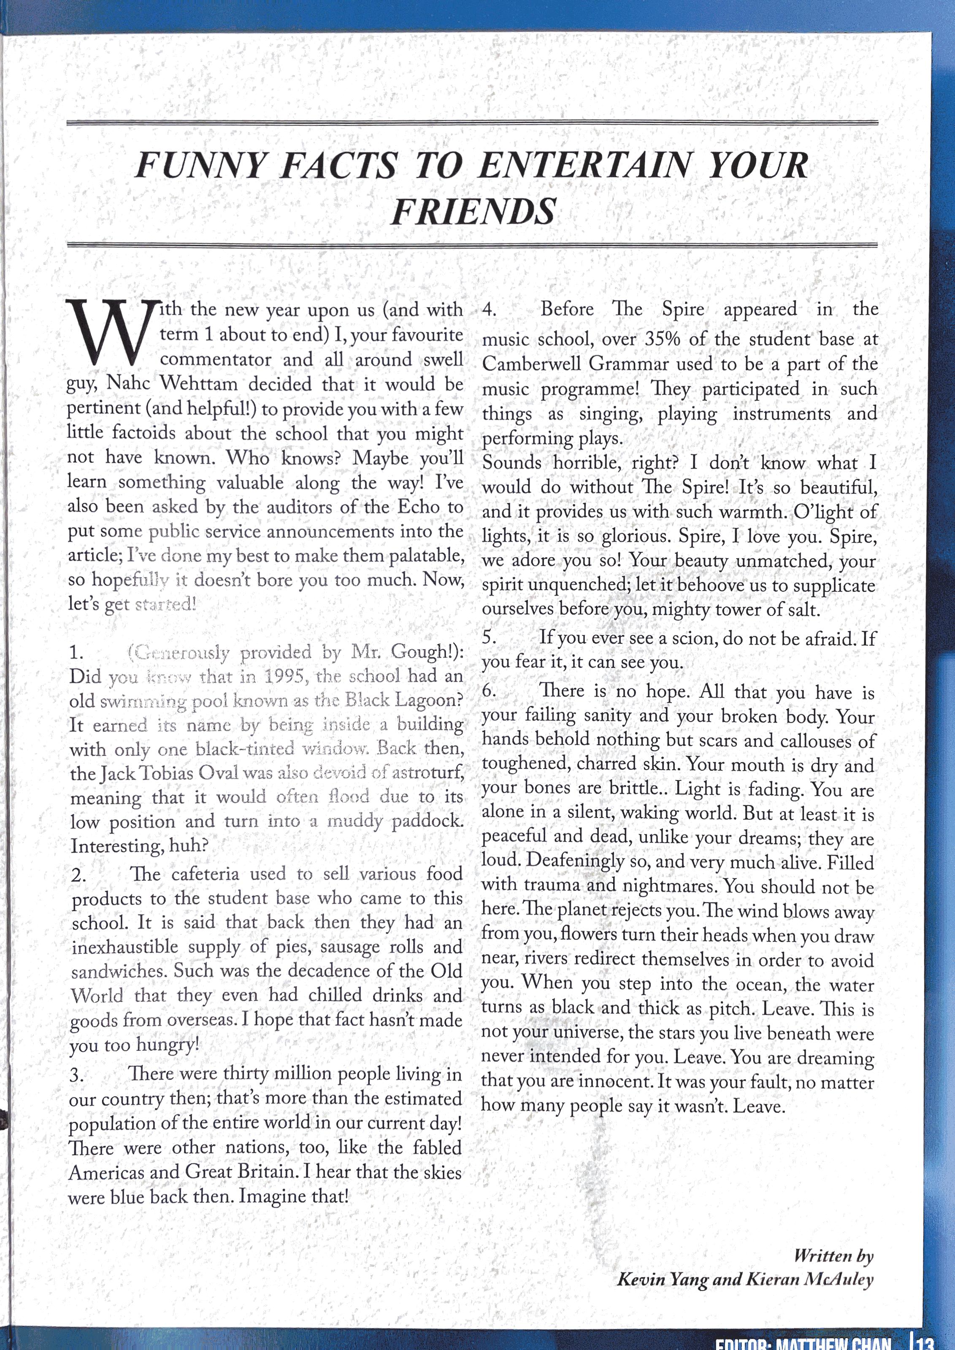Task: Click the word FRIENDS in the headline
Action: click(x=473, y=212)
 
